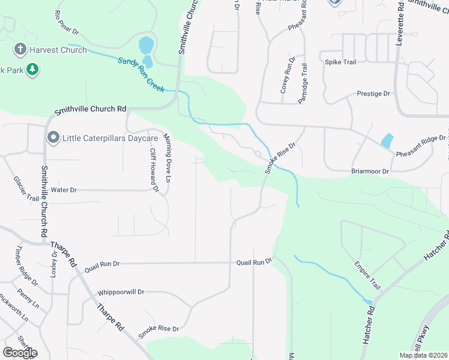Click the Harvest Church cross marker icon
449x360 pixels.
20,50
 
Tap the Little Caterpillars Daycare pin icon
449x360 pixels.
53,139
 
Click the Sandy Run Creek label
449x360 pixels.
140,74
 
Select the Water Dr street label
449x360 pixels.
64,190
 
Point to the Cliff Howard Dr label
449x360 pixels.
154,170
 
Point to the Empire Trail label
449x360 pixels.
367,274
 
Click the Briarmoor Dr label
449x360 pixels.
370,171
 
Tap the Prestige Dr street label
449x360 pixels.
373,94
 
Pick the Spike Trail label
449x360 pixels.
341,62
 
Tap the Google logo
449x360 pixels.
20,353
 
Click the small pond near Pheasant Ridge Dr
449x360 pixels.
387,141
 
